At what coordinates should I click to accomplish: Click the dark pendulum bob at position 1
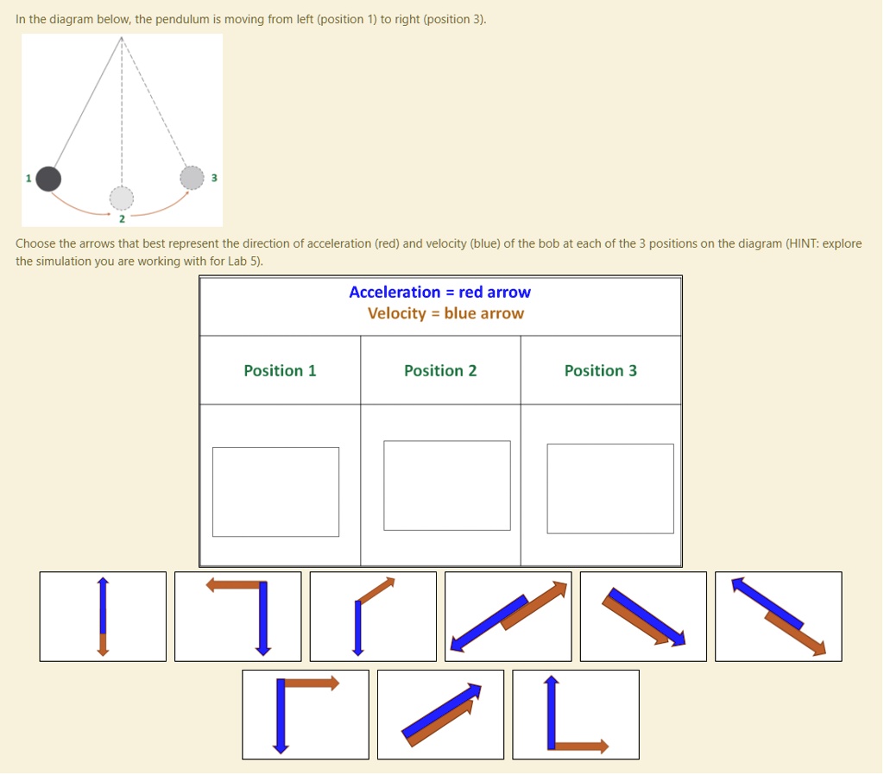49,179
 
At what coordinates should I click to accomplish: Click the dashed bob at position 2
122,198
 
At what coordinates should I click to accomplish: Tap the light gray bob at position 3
192,177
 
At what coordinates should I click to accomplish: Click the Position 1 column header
280,370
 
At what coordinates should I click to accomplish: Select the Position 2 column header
440,370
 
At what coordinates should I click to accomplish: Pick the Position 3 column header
601,370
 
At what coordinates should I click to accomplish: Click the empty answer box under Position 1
275,491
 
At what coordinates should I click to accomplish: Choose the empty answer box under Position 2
446,485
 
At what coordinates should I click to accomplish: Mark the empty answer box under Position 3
609,488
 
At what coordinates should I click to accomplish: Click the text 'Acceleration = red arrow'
439,293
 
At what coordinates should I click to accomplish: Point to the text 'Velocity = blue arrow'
445,313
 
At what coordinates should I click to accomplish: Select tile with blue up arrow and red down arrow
103,616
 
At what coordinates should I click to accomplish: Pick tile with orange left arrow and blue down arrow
238,616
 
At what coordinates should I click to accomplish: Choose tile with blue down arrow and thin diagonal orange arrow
373,616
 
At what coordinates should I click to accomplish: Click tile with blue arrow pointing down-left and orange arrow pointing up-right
508,616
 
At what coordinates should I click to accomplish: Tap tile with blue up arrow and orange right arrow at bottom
576,715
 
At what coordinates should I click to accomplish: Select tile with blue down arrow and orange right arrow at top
305,715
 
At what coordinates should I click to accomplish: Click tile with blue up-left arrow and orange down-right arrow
778,616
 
